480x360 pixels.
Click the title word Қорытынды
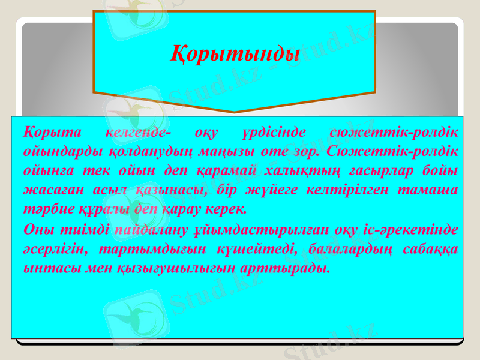(x=235, y=53)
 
